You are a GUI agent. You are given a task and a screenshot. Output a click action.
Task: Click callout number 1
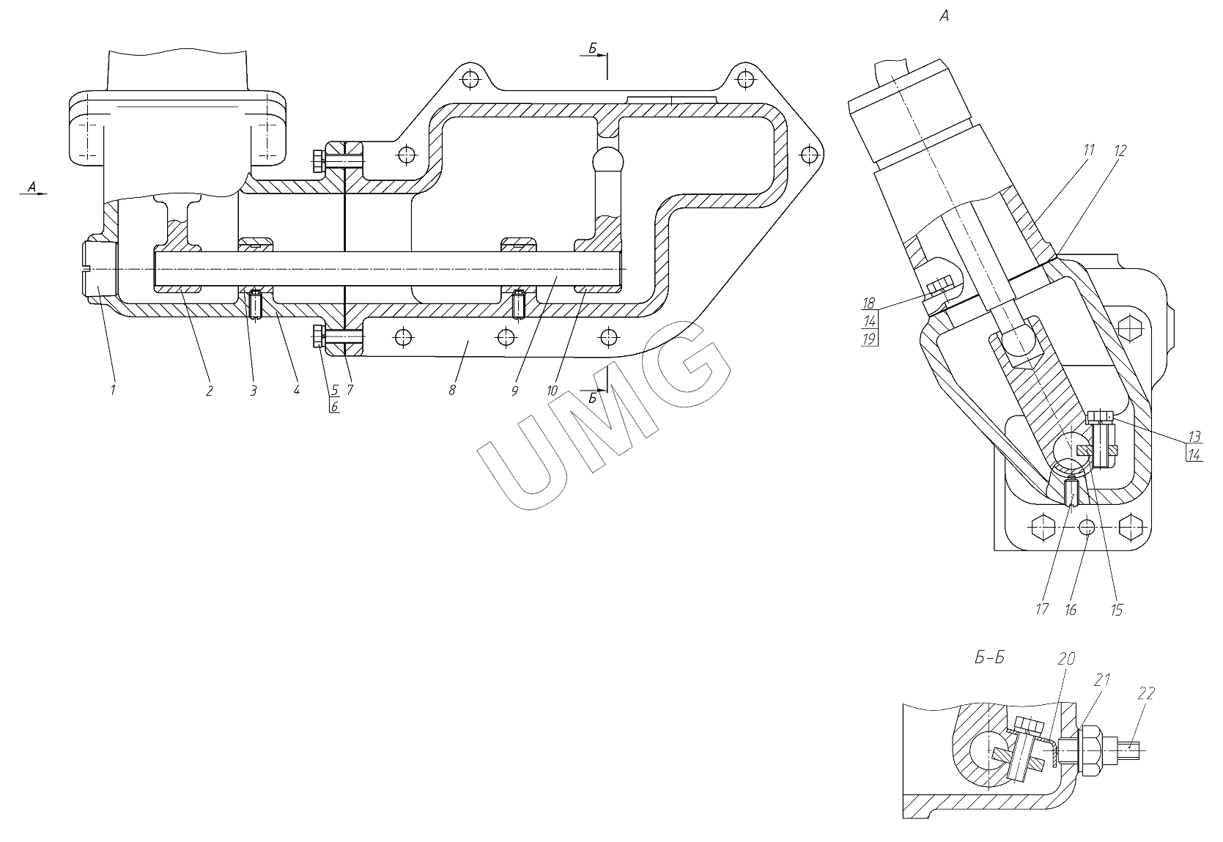[113, 390]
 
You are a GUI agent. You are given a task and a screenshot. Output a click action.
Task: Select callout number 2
[209, 391]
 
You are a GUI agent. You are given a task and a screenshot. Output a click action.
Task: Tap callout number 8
[452, 390]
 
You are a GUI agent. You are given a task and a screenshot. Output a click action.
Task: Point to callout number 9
[514, 391]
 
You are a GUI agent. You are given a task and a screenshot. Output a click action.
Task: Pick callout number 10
[552, 390]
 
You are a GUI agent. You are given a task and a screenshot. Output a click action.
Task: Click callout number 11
[1088, 151]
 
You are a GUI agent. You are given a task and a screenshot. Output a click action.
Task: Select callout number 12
[1120, 151]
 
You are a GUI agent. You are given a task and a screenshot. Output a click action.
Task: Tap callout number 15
[1116, 609]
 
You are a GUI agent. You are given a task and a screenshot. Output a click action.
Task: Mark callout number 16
[1071, 609]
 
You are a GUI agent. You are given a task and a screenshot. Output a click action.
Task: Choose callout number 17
[1042, 609]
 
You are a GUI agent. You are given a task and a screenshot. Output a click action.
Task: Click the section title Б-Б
[989, 657]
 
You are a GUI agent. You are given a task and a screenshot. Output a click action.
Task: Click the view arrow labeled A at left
[32, 188]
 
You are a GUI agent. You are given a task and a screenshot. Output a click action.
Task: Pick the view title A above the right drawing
[944, 16]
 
